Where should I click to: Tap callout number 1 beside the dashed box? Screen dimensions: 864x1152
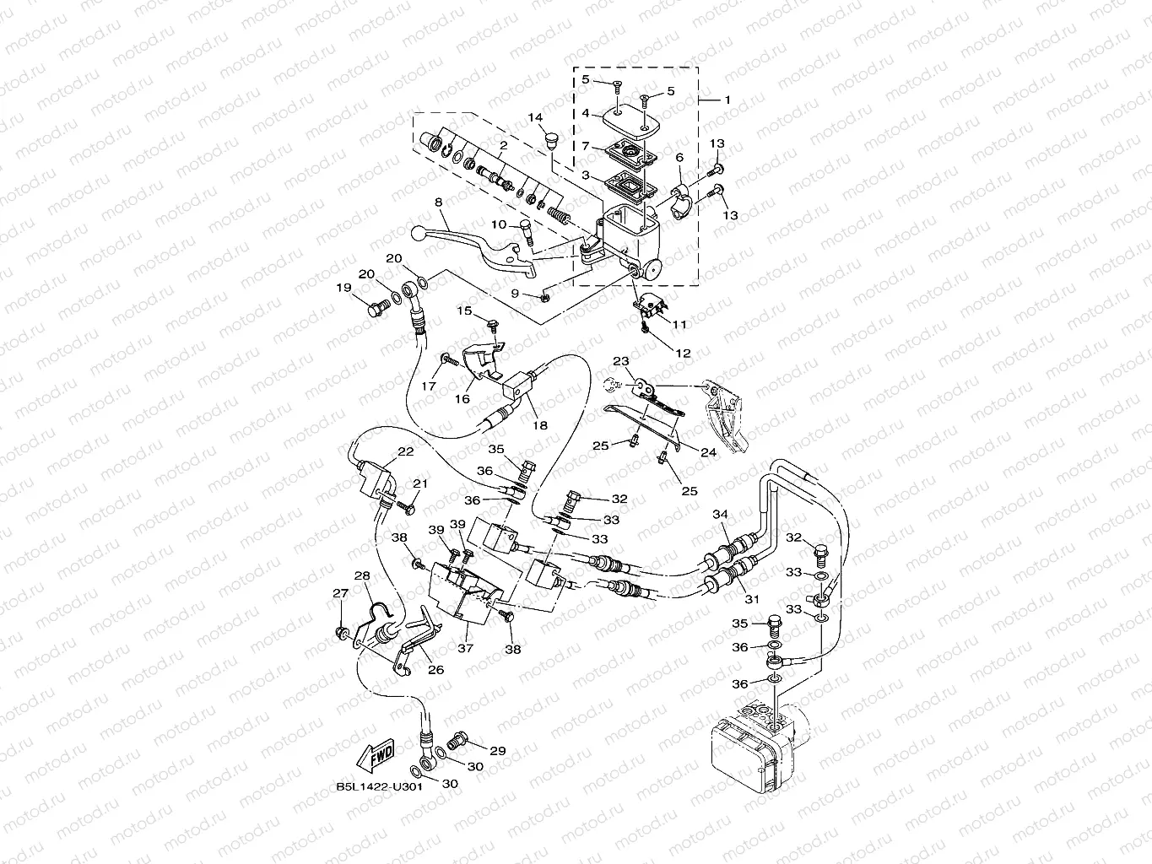click(x=727, y=100)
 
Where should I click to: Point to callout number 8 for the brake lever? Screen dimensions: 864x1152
click(x=440, y=202)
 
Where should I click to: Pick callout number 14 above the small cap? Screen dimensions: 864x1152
click(x=536, y=117)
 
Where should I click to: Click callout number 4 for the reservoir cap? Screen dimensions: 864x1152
click(x=586, y=112)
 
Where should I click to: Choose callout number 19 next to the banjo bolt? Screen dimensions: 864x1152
click(x=343, y=288)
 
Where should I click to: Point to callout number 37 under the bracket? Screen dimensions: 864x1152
click(x=465, y=648)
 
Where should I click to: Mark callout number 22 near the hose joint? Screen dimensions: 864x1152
click(x=405, y=452)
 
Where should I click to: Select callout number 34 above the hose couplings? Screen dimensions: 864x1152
click(x=720, y=515)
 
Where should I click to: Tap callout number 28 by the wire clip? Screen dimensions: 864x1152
click(x=361, y=575)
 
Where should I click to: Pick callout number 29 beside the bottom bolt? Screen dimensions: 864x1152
click(x=497, y=750)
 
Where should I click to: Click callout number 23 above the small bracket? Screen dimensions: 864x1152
click(x=621, y=361)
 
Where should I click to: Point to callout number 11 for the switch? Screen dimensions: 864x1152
click(x=679, y=324)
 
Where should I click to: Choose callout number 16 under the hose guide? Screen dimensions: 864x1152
click(x=462, y=398)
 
